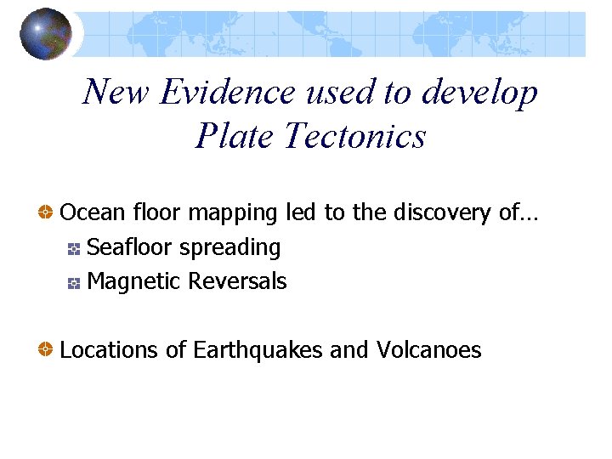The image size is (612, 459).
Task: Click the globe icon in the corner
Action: pyautogui.click(x=45, y=34)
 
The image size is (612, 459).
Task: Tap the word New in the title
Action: pyautogui.click(x=111, y=92)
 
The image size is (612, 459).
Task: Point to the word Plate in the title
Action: pyautogui.click(x=235, y=135)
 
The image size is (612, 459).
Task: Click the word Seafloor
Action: pyautogui.click(x=130, y=247)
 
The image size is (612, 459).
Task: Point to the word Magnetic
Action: pyautogui.click(x=134, y=282)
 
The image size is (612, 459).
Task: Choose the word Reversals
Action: pyautogui.click(x=239, y=281)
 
